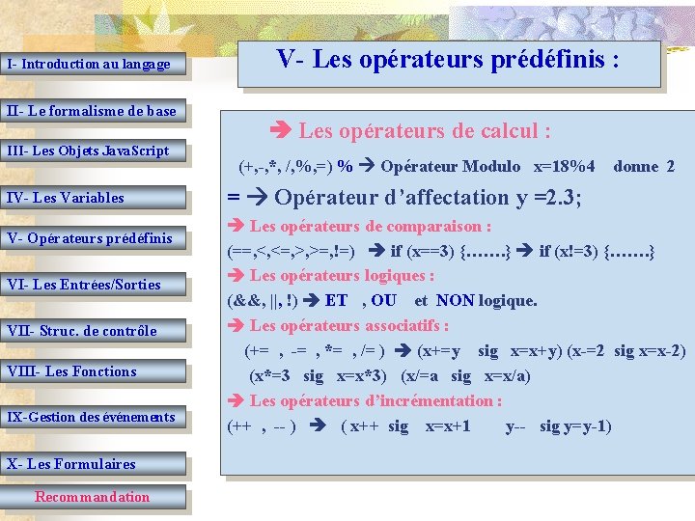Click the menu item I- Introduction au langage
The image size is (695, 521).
click(x=89, y=65)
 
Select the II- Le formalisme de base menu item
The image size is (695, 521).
click(x=92, y=111)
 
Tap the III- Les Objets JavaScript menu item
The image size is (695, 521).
click(x=88, y=151)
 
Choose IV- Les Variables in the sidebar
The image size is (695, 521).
click(x=66, y=198)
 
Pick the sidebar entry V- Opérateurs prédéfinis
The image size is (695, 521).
click(x=90, y=238)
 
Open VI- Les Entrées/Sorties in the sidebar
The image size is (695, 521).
click(x=84, y=285)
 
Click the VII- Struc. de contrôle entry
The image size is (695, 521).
click(x=82, y=331)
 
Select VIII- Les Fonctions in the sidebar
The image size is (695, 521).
click(x=71, y=371)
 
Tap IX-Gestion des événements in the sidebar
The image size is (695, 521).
click(x=92, y=417)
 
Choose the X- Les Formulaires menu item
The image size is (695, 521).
click(x=71, y=463)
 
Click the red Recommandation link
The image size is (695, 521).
click(x=93, y=497)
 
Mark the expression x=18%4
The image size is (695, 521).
click(x=565, y=166)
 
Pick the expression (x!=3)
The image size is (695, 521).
click(x=576, y=252)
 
